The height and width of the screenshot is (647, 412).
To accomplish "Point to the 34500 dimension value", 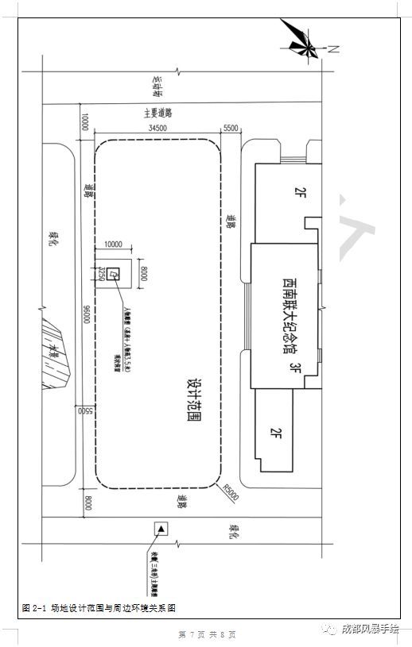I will click(x=157, y=128).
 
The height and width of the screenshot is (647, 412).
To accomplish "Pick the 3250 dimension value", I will click(x=102, y=275).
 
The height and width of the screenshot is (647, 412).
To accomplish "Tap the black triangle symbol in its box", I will click(x=161, y=529).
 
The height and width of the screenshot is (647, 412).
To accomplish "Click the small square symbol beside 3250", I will click(x=115, y=275).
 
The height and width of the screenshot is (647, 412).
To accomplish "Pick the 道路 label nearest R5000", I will click(x=183, y=500).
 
